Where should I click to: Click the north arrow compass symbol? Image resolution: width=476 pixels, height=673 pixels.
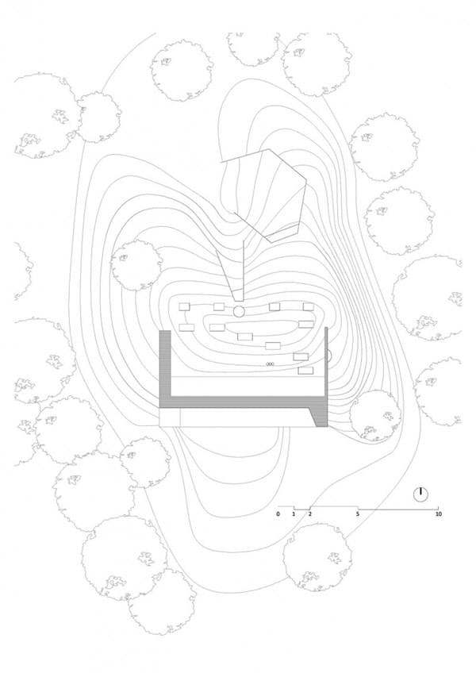click(x=421, y=494)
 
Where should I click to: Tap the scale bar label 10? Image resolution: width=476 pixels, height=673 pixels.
click(x=438, y=513)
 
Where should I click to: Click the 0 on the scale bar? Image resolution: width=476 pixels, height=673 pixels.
click(x=278, y=513)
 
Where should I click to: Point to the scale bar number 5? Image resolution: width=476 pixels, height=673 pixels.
click(x=358, y=513)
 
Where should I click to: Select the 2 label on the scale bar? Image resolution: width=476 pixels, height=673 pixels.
click(x=310, y=513)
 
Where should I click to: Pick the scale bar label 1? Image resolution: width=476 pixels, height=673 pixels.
click(x=294, y=513)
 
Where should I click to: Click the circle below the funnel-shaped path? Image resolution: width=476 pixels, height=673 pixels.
click(x=239, y=312)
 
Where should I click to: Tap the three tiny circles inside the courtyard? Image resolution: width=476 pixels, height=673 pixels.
click(x=270, y=364)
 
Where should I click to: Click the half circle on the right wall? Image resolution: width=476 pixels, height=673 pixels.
click(x=330, y=356)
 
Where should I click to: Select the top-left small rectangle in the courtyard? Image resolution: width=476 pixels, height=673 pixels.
click(x=184, y=306)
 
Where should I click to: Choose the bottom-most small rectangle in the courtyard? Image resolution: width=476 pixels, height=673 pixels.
click(x=305, y=371)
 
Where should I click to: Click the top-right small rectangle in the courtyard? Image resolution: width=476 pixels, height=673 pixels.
click(x=309, y=307)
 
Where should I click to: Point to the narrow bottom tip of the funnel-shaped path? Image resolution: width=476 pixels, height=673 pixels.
click(x=239, y=300)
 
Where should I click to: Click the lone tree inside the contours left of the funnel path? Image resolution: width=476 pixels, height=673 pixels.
click(x=136, y=266)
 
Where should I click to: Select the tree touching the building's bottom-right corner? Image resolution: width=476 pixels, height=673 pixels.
click(x=375, y=416)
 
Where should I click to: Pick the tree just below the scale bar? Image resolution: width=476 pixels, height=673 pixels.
click(x=317, y=557)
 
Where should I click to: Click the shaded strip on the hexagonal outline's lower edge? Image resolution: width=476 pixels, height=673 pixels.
click(x=283, y=233)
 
